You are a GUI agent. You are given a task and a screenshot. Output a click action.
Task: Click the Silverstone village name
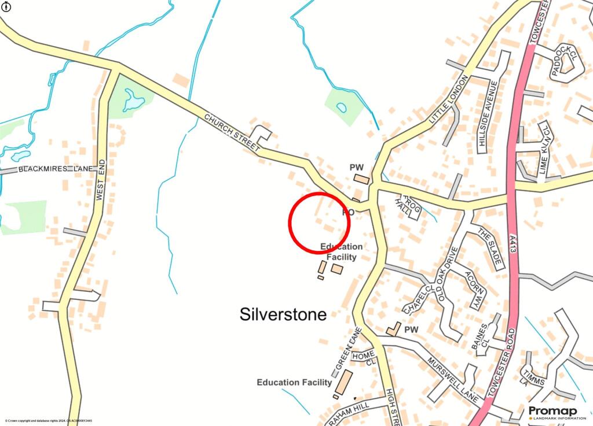tap(283, 314)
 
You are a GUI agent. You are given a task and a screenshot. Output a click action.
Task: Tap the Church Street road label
tap(232, 132)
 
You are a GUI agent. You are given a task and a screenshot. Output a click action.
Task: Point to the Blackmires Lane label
tap(56, 169)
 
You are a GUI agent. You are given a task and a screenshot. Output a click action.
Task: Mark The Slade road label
tap(489, 247)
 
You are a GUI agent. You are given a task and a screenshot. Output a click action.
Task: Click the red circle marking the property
tap(319, 223)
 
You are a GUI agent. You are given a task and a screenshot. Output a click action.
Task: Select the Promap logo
tap(552, 412)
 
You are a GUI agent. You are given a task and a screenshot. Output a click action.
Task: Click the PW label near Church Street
tap(356, 167)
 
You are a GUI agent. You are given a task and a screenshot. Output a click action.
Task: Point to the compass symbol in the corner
tap(5, 7)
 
